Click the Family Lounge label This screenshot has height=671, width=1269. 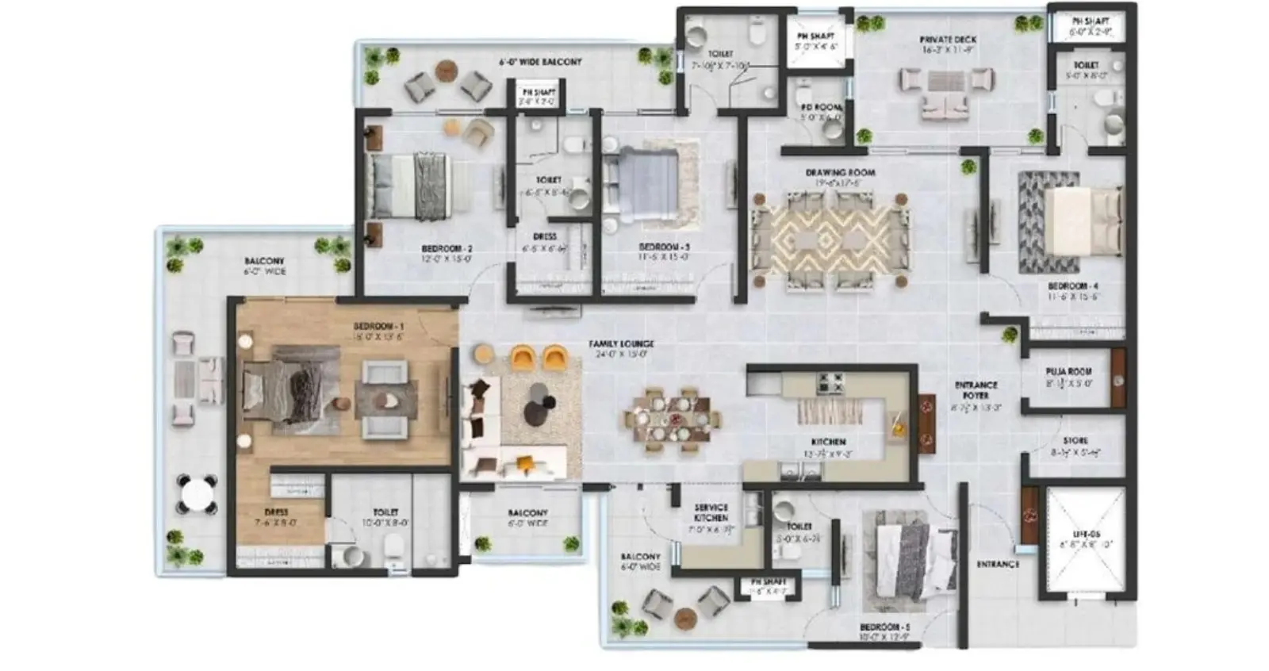[621, 344]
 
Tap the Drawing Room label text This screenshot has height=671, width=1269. [840, 173]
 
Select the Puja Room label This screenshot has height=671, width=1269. [1068, 371]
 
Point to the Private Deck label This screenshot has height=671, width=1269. [948, 40]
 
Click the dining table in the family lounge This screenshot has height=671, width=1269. [672, 418]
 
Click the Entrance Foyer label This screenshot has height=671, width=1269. [976, 390]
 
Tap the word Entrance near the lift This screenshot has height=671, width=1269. [997, 564]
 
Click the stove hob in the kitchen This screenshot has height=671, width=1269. [830, 383]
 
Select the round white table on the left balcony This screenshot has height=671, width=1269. [196, 495]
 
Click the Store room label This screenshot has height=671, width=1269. [1075, 441]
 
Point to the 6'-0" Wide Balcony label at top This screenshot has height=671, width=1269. [540, 62]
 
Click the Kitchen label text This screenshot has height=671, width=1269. [828, 442]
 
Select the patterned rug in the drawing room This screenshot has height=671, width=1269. [830, 238]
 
